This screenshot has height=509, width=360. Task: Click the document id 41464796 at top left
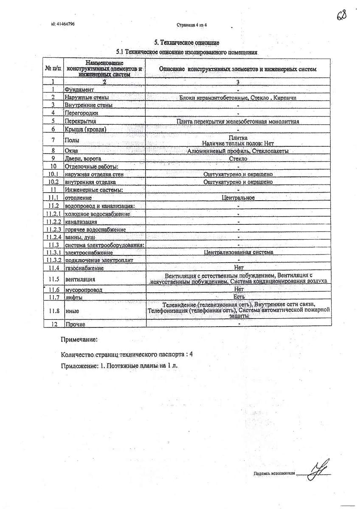click(63, 24)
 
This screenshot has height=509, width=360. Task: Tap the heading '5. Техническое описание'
click(187, 42)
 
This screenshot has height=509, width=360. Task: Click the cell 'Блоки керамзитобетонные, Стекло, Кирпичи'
click(238, 98)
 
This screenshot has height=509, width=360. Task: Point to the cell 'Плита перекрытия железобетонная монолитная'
click(238, 121)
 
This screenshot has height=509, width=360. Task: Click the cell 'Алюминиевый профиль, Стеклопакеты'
click(238, 151)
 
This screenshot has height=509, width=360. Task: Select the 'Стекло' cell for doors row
click(238, 159)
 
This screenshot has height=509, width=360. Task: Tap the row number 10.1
click(53, 174)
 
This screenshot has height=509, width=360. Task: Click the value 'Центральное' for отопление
click(238, 198)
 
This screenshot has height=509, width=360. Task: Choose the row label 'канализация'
click(81, 222)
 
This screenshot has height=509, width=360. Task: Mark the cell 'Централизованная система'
click(238, 252)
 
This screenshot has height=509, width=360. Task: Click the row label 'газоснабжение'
click(84, 268)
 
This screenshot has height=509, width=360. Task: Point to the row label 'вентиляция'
click(80, 279)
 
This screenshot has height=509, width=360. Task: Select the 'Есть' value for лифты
click(239, 297)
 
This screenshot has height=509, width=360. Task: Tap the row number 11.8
click(53, 311)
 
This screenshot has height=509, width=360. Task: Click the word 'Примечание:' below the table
click(79, 340)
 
